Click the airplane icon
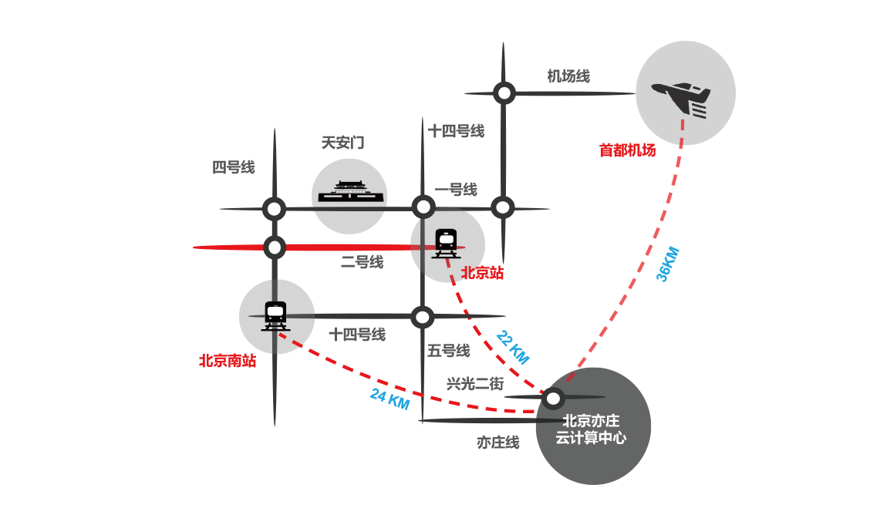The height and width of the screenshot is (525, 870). pyautogui.click(x=681, y=98)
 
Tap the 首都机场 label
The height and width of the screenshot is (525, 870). pyautogui.click(x=627, y=150)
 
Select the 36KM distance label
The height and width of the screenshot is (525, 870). pyautogui.click(x=667, y=264)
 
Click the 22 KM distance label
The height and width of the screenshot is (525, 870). pyautogui.click(x=513, y=347)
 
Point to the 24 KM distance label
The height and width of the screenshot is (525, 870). pyautogui.click(x=389, y=398)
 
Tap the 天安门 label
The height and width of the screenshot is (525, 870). pyautogui.click(x=342, y=143)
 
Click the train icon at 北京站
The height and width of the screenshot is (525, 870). pyautogui.click(x=446, y=243)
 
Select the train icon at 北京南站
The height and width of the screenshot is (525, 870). pyautogui.click(x=275, y=315)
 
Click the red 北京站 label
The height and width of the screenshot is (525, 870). pyautogui.click(x=482, y=273)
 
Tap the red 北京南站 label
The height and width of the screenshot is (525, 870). pyautogui.click(x=228, y=360)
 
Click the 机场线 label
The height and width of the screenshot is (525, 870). pyautogui.click(x=568, y=76)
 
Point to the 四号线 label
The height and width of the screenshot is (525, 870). pyautogui.click(x=233, y=167)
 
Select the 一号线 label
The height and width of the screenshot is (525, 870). pyautogui.click(x=456, y=190)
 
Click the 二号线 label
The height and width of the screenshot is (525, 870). pyautogui.click(x=362, y=263)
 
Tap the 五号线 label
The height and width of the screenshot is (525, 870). pyautogui.click(x=448, y=351)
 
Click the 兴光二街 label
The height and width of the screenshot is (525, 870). pyautogui.click(x=475, y=383)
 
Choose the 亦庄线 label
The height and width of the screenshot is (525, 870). pyautogui.click(x=497, y=443)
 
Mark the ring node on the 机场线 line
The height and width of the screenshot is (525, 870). pyautogui.click(x=504, y=93)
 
